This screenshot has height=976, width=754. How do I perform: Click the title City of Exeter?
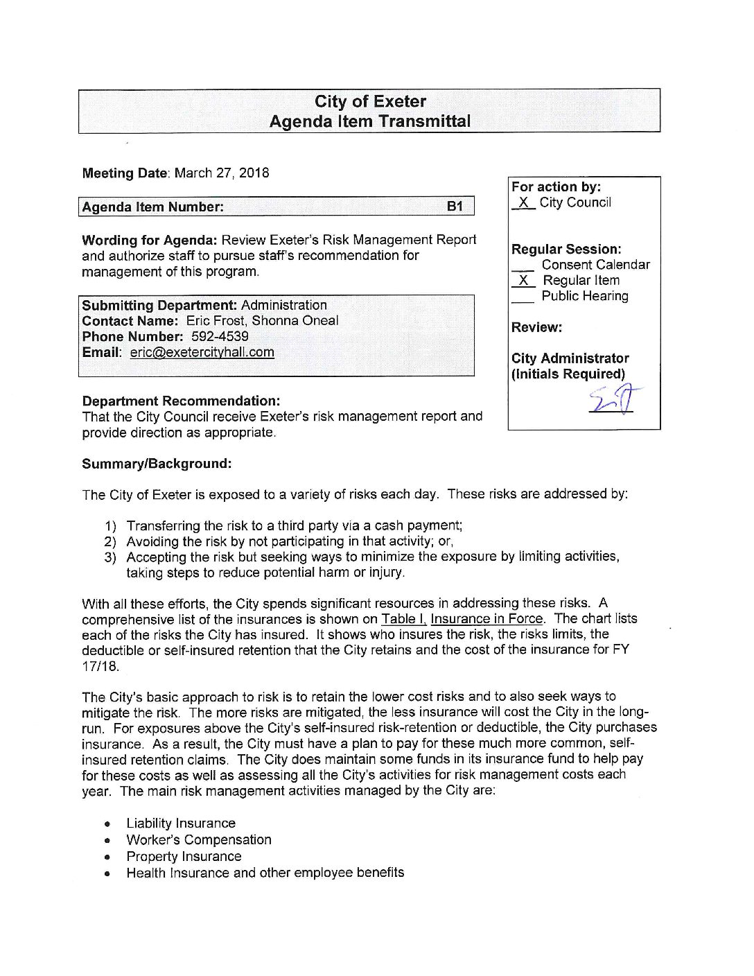click(370, 102)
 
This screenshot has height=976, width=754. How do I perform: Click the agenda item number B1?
click(455, 207)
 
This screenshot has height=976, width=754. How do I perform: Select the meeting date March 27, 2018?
click(222, 173)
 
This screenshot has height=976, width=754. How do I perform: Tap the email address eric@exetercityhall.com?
click(202, 352)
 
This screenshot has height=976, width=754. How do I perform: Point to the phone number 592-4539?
click(220, 337)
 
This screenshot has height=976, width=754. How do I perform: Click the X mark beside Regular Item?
click(523, 281)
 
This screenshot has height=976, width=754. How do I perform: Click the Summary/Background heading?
click(157, 464)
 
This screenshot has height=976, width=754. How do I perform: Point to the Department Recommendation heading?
click(181, 401)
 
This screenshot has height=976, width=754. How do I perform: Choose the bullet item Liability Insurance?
click(181, 824)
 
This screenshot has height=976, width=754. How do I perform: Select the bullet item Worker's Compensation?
click(199, 840)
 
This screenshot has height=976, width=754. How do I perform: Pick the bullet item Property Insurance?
click(184, 857)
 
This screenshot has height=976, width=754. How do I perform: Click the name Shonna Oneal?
click(295, 321)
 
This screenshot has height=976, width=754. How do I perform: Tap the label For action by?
click(556, 186)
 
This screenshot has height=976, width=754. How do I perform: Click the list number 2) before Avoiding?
click(110, 542)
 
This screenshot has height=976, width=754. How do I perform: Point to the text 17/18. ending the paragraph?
click(100, 667)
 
